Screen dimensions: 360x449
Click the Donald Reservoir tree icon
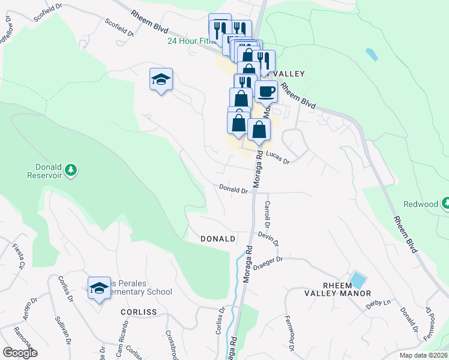point(71,170)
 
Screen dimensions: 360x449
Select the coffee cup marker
point(266,91)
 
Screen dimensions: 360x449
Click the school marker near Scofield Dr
point(161,79)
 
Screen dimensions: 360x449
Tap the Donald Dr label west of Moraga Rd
point(234,190)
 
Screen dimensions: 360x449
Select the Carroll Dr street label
point(268,212)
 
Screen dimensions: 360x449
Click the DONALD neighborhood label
point(217,239)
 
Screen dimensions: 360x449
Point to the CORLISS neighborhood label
point(139,312)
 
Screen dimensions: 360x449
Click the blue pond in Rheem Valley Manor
point(358,280)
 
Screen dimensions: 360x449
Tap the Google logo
point(20,353)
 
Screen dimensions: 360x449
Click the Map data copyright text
point(423,355)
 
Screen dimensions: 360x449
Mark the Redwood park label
point(421,204)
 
